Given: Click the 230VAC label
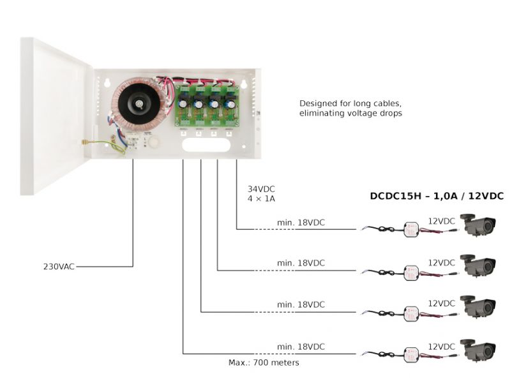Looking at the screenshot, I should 58,266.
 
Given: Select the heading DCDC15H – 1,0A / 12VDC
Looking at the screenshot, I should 437,196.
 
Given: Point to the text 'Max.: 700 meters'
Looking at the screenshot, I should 264,363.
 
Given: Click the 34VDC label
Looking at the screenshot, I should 261,189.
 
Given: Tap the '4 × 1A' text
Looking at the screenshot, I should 262,199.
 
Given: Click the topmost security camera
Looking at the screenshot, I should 478,225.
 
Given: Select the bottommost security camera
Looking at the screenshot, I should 478,350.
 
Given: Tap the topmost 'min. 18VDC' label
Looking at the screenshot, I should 301,222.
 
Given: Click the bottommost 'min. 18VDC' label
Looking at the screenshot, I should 301,347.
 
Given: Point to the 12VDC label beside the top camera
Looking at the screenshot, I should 441,221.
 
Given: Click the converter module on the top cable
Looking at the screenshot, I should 410,229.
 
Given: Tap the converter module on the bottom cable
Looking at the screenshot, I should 410,354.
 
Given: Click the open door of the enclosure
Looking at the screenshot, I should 55,115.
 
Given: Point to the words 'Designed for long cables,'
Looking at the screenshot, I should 350,103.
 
